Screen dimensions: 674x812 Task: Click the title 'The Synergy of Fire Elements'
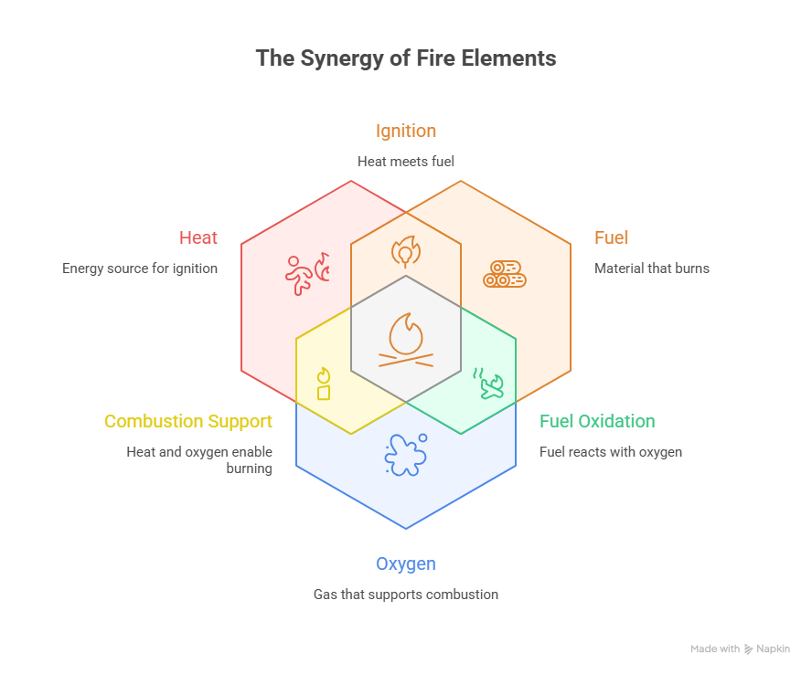(406, 58)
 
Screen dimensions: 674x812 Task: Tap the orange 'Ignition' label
(406, 131)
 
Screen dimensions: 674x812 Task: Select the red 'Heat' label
(198, 238)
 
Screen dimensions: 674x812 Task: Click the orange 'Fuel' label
(612, 238)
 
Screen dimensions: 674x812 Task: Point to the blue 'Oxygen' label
(406, 563)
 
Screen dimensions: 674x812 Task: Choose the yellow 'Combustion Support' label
(187, 421)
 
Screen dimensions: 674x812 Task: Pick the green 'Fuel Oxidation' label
(597, 421)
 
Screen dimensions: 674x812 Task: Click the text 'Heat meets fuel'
(406, 162)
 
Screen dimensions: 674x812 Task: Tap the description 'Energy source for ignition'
(140, 269)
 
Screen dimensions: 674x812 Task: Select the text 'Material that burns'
(651, 269)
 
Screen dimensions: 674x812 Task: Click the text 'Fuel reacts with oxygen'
(611, 451)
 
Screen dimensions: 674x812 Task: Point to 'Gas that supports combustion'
(406, 595)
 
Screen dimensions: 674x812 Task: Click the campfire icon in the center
(406, 340)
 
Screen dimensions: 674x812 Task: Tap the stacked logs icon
(505, 274)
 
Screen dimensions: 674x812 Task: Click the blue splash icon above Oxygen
(405, 454)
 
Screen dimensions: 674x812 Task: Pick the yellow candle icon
(323, 384)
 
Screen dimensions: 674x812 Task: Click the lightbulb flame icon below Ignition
(405, 250)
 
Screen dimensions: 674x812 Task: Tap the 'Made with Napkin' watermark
(740, 648)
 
